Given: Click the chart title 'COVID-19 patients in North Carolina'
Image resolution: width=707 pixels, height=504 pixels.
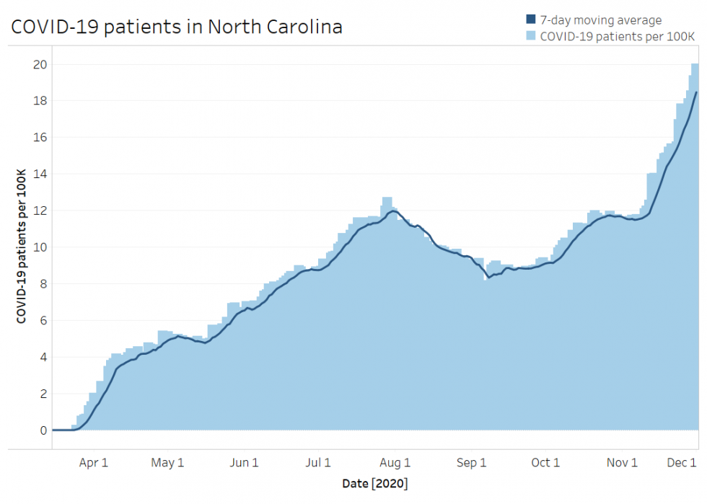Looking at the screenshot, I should (x=176, y=27).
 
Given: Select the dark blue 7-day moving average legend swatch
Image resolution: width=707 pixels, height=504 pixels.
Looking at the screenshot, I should (x=531, y=20).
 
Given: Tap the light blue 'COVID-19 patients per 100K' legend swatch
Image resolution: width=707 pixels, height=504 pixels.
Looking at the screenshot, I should (x=531, y=35).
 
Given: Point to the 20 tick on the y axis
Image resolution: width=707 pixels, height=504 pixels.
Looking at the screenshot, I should (x=40, y=64).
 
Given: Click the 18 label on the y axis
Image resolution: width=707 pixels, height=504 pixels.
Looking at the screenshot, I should (x=40, y=101).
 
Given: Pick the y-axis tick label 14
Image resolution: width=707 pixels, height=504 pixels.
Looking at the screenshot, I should (x=40, y=174).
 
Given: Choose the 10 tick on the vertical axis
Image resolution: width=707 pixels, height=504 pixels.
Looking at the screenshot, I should (x=40, y=247).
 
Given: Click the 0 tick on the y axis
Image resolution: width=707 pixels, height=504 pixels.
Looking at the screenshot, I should (x=43, y=430).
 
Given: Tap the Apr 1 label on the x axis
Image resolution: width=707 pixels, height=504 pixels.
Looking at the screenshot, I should (x=93, y=462).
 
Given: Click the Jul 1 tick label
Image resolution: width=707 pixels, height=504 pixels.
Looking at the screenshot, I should (x=318, y=462).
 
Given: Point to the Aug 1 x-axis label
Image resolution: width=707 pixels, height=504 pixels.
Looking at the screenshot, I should (x=395, y=462).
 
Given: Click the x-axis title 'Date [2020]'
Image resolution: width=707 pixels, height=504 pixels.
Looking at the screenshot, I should (x=375, y=482).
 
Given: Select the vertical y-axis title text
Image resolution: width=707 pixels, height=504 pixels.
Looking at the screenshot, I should (x=21, y=247).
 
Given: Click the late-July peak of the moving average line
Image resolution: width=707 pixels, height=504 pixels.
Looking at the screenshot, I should (x=392, y=211).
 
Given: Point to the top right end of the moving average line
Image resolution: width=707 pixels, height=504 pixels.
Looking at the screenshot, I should (x=696, y=92).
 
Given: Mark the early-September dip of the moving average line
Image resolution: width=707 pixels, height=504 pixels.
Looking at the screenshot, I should (x=489, y=277).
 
